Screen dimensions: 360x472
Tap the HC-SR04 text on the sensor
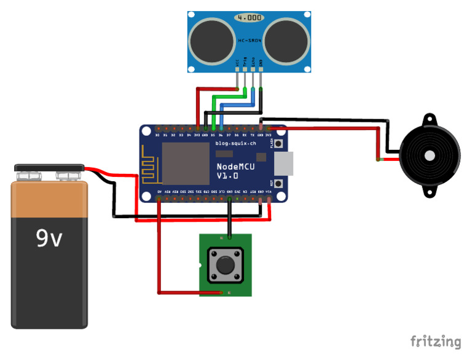(249, 41)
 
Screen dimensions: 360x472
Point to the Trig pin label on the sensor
(245, 62)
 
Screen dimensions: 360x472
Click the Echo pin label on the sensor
(253, 62)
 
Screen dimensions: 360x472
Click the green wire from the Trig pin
(227, 96)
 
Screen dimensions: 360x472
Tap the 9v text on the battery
(49, 238)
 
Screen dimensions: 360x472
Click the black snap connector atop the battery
(49, 167)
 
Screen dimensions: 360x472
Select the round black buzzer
(430, 155)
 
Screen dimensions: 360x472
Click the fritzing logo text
(435, 342)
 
